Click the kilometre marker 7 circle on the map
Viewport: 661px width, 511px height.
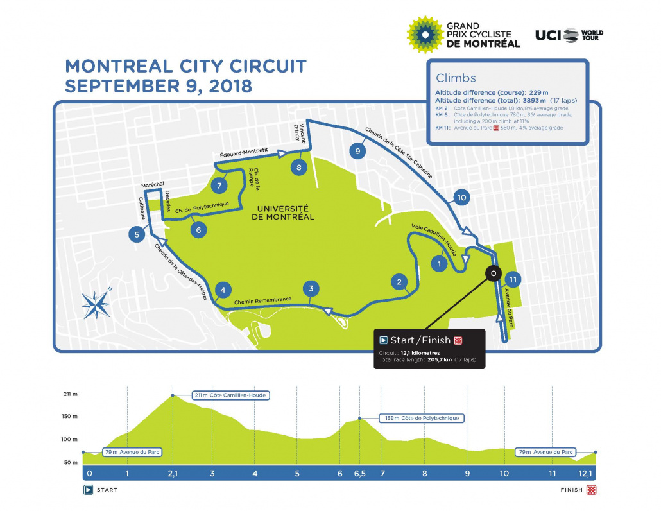point(219,186)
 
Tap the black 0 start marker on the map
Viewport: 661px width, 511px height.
point(493,273)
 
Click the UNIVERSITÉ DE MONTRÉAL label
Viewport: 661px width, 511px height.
point(283,212)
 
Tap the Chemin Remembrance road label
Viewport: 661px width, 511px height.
point(263,300)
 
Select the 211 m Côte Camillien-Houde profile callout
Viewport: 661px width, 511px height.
point(230,395)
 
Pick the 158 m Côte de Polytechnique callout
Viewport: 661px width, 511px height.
point(422,418)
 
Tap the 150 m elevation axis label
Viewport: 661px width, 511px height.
point(70,416)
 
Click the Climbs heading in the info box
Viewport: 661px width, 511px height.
point(456,78)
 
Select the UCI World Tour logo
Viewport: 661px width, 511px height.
point(569,35)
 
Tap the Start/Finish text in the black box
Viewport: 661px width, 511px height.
point(420,340)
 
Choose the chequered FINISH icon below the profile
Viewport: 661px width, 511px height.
point(591,490)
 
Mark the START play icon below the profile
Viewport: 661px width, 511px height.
point(89,490)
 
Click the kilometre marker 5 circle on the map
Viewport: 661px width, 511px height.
point(137,234)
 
